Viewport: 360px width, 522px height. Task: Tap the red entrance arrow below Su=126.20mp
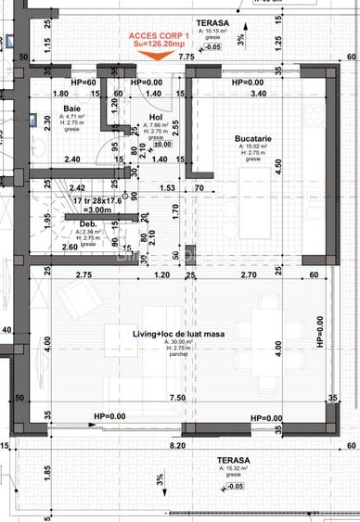point(158,55)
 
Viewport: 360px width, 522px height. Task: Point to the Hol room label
point(155,117)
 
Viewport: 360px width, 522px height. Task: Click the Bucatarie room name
point(252,138)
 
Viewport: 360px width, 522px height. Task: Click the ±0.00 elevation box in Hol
point(162,144)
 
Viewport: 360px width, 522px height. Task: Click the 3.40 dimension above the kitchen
point(259,94)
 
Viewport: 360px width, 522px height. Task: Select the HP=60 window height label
point(84,83)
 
